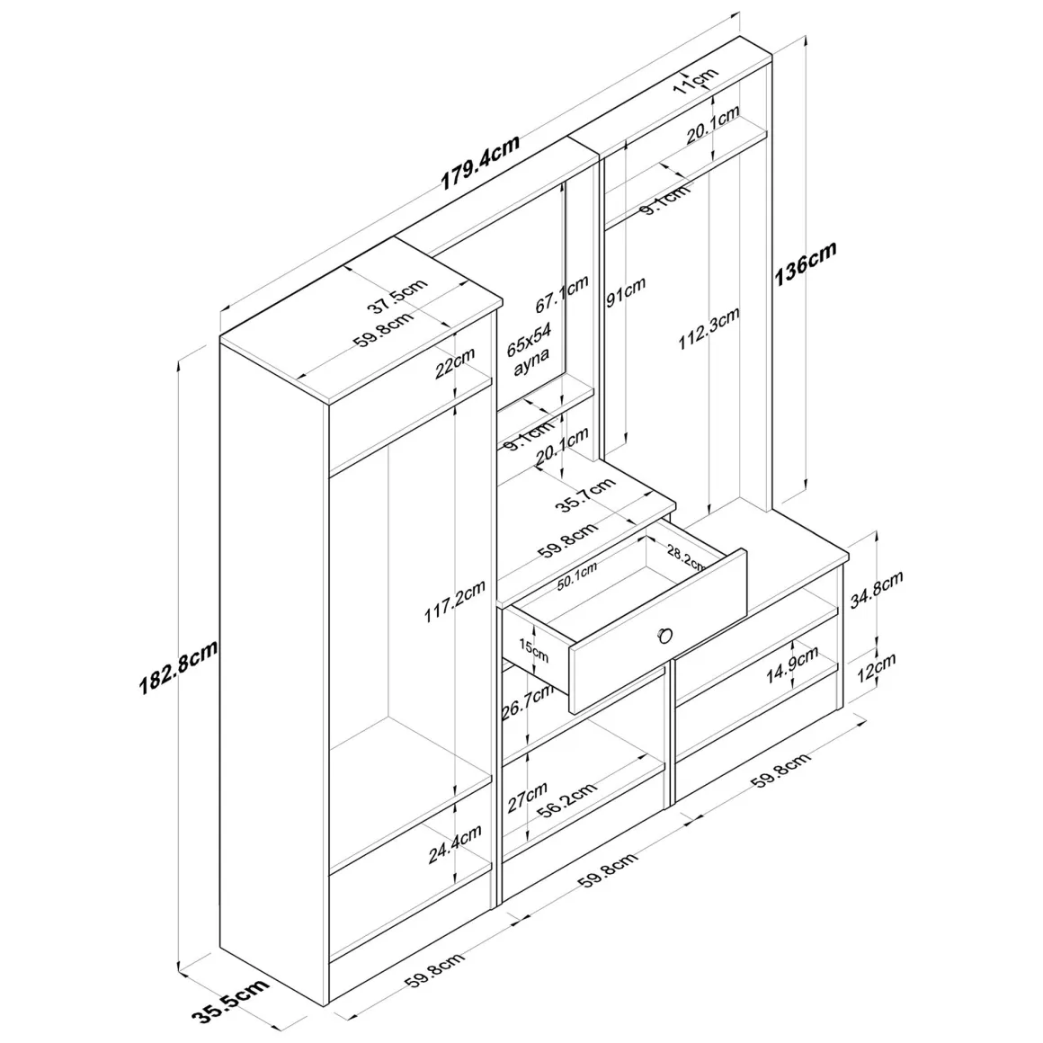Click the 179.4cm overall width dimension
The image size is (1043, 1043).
480,163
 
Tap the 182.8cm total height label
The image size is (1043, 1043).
178,667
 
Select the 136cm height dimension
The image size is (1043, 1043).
805,263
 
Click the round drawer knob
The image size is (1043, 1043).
664,636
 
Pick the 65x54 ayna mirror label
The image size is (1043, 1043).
530,348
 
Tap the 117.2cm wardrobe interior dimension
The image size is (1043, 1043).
455,602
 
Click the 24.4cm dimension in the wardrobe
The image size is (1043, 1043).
455,844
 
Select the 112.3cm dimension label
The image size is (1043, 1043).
709,328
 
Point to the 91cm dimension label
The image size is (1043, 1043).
625,292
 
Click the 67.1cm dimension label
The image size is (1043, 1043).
563,294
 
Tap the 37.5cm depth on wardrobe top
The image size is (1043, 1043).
397,296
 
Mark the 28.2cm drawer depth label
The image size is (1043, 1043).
686,557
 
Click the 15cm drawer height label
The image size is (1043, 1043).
533,651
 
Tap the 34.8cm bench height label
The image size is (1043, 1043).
877,589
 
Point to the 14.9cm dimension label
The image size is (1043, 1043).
791,665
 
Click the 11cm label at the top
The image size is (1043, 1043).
696,80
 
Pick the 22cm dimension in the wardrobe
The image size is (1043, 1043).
455,362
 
